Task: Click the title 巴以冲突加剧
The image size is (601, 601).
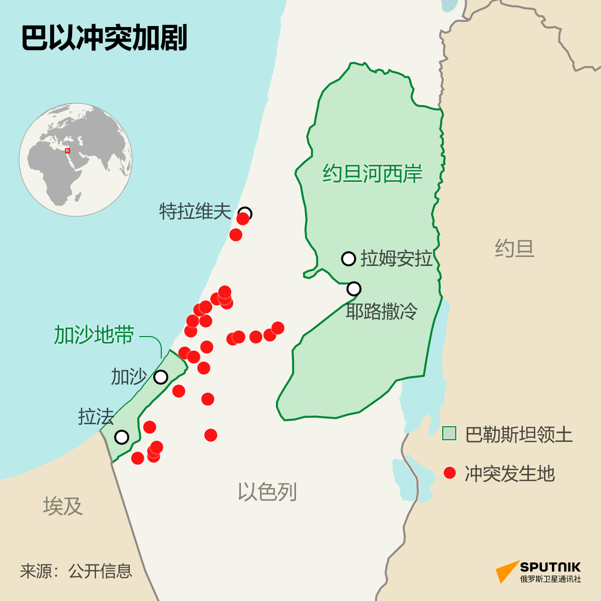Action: (104, 38)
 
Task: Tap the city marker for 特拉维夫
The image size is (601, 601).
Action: (245, 213)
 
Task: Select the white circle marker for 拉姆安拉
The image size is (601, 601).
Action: (349, 258)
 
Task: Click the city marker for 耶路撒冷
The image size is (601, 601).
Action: (354, 288)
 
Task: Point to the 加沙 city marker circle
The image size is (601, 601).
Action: (161, 377)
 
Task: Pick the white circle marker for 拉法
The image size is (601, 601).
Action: (122, 437)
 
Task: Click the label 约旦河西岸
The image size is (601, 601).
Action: (372, 173)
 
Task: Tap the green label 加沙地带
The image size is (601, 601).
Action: (94, 335)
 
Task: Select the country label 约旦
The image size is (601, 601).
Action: (514, 248)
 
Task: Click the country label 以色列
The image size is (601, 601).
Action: (267, 492)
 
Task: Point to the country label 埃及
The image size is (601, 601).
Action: (63, 506)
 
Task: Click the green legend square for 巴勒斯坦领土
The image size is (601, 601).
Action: (449, 433)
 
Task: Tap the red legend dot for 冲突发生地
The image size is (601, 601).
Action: (450, 472)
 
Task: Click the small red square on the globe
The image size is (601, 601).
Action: (68, 150)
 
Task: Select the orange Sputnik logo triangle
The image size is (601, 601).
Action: (507, 571)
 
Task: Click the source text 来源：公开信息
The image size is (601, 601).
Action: (76, 571)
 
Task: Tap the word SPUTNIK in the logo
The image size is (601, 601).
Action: (550, 567)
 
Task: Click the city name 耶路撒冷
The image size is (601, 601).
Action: (382, 312)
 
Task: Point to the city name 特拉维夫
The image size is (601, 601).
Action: (195, 211)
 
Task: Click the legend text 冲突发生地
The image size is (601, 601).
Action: (509, 473)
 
